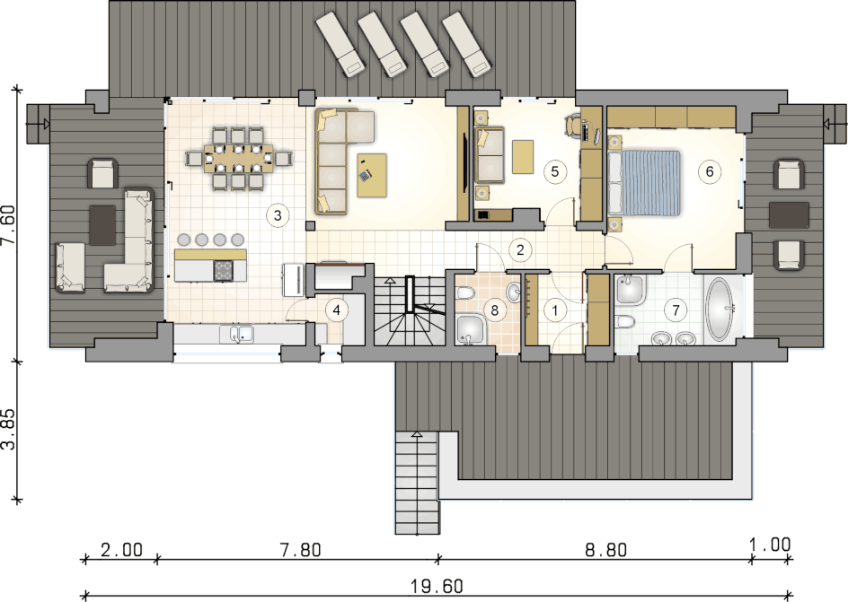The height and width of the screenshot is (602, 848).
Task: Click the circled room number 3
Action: tap(278, 215)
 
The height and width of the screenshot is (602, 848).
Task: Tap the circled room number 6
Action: tap(710, 171)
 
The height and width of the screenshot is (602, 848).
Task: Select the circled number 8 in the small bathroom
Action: tap(494, 310)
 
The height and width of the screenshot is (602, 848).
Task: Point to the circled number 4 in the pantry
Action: tap(336, 310)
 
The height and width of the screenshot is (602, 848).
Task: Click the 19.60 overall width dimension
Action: tap(437, 586)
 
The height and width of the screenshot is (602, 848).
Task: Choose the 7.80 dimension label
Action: tap(301, 550)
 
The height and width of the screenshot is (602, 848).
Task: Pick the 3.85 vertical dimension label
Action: tap(9, 429)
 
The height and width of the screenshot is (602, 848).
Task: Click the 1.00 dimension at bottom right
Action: tap(770, 545)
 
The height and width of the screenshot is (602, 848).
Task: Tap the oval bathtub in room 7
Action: tap(720, 310)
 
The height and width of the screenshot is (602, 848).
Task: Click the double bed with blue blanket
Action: tap(643, 183)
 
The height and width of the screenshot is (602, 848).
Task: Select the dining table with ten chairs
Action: tap(239, 158)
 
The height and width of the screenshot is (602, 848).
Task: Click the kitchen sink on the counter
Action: tap(237, 335)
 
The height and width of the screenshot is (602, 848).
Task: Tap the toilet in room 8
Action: tap(464, 293)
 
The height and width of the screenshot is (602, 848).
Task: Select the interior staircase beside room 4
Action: tap(410, 311)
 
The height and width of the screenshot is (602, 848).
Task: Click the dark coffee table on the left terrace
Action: tap(102, 225)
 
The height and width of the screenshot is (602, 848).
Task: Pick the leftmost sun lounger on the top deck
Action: tap(339, 42)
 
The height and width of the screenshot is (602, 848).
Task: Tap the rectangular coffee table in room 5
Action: tap(523, 157)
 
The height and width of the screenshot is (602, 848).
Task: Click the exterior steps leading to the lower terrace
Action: tap(417, 482)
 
